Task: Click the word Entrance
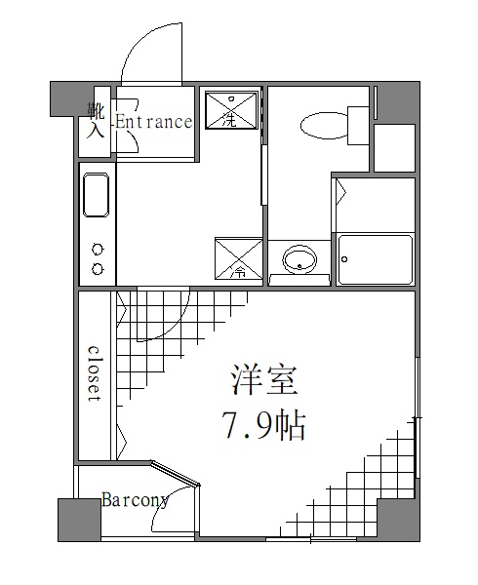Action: [154, 122]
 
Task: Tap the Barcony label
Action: [135, 500]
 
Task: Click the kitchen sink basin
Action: [96, 195]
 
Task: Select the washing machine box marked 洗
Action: [231, 111]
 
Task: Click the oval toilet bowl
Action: [323, 125]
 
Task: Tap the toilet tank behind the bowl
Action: [358, 125]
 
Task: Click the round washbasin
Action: [299, 259]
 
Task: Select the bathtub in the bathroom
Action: [375, 258]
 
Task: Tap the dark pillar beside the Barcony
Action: [78, 520]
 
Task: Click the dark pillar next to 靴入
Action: [65, 98]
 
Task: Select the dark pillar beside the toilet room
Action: [398, 102]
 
